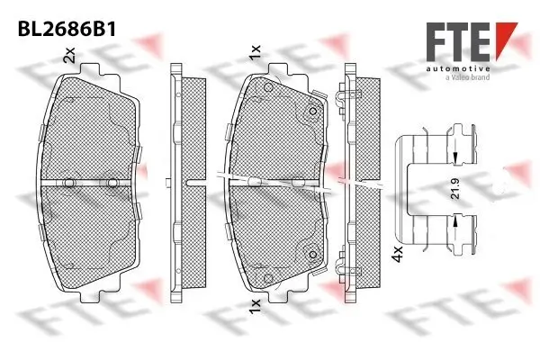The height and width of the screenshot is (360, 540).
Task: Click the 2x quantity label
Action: [x=68, y=58]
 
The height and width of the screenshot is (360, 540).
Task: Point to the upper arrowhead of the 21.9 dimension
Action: [x=456, y=158]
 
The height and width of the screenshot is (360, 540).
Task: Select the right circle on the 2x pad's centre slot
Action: [x=112, y=184]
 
